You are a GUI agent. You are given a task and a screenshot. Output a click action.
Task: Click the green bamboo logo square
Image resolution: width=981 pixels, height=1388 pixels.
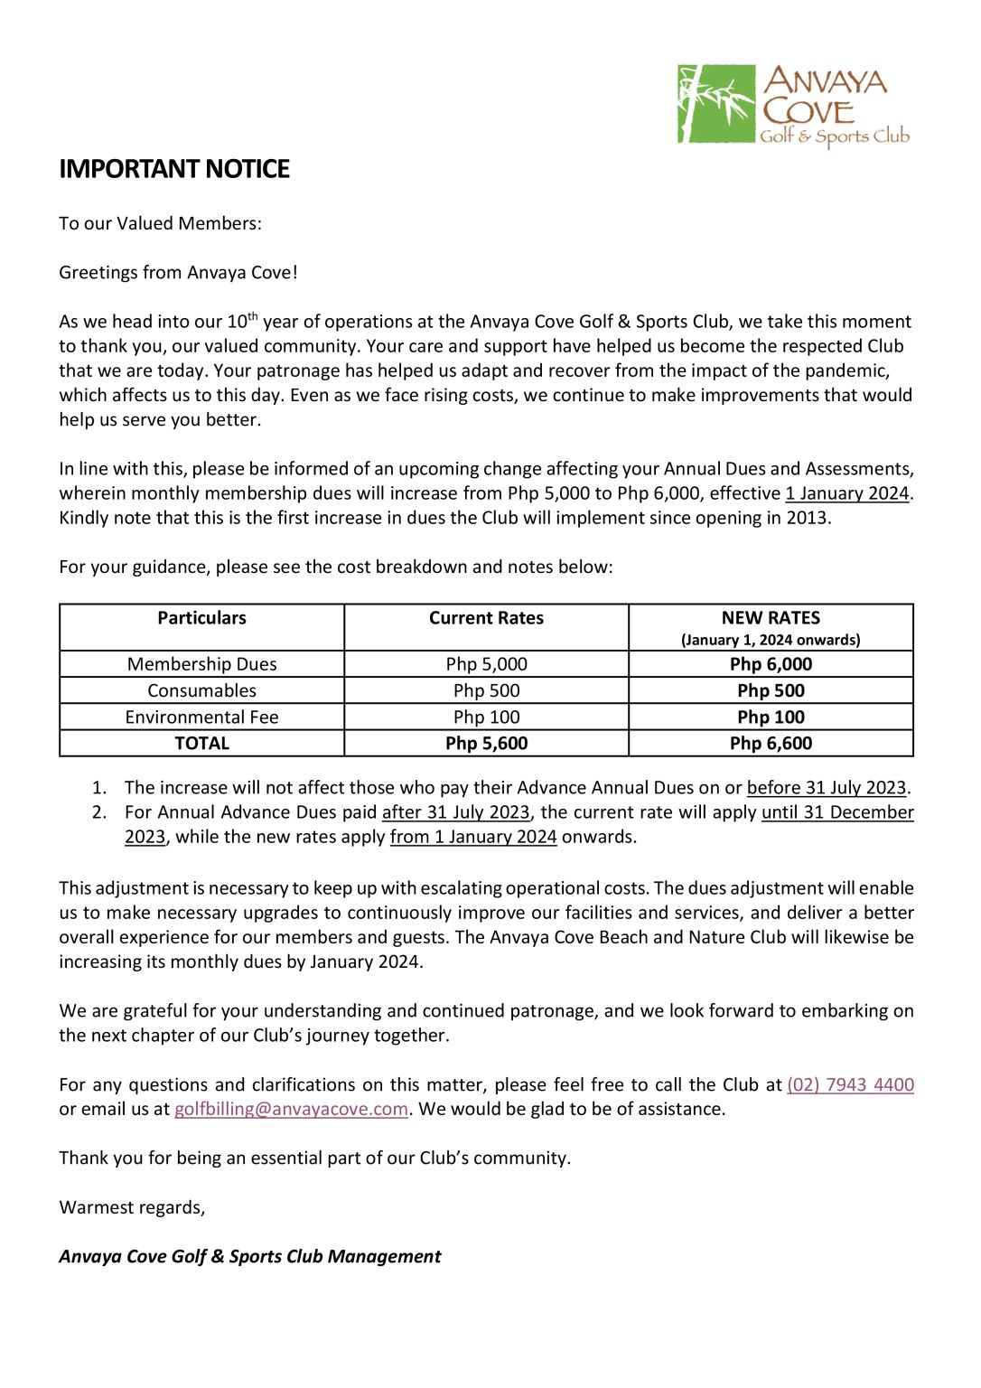(x=715, y=103)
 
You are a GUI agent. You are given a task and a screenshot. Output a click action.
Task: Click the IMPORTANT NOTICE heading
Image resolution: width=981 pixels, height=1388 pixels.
(x=173, y=169)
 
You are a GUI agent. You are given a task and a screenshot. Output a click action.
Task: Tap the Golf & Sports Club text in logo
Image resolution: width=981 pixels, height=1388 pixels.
(x=834, y=136)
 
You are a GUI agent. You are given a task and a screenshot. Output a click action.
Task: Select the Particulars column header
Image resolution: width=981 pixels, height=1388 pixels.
(x=201, y=618)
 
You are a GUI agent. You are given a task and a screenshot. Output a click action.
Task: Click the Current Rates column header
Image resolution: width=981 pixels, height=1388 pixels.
(x=486, y=618)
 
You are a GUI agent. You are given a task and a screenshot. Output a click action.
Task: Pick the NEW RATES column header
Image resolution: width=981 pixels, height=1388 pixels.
(x=771, y=618)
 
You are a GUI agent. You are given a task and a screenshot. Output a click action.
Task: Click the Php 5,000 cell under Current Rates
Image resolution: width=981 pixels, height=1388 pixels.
(x=486, y=664)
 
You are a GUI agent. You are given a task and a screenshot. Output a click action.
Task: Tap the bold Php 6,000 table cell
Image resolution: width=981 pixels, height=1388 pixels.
(x=771, y=664)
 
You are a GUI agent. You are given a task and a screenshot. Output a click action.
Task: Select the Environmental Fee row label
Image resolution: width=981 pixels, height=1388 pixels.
(x=201, y=717)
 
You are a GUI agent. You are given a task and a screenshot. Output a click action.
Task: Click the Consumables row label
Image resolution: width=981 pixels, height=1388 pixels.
(x=201, y=690)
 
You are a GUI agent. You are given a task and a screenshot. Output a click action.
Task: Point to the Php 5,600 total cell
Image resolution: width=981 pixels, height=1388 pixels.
(x=486, y=744)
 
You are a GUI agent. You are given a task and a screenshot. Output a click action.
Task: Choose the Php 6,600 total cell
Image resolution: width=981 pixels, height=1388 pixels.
(x=771, y=744)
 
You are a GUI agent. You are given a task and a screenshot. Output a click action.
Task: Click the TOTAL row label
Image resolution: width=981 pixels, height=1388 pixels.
(x=201, y=744)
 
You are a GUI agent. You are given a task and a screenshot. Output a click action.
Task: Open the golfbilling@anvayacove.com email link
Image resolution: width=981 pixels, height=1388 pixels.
(x=291, y=1109)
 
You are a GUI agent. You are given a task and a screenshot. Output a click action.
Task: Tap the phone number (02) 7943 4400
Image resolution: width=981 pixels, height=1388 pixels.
(x=850, y=1084)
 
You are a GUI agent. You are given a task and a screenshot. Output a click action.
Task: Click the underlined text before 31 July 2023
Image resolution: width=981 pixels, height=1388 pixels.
(x=826, y=788)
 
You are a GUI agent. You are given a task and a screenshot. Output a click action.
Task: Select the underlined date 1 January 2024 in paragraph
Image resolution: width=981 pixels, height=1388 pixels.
(x=846, y=493)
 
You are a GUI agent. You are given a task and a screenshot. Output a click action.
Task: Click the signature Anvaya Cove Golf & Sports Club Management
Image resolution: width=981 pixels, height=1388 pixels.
(x=249, y=1256)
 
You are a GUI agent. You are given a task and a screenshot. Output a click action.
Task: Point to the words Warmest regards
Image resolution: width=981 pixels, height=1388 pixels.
(x=132, y=1207)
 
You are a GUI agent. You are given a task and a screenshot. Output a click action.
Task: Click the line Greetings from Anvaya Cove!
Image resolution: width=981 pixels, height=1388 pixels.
(x=178, y=273)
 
